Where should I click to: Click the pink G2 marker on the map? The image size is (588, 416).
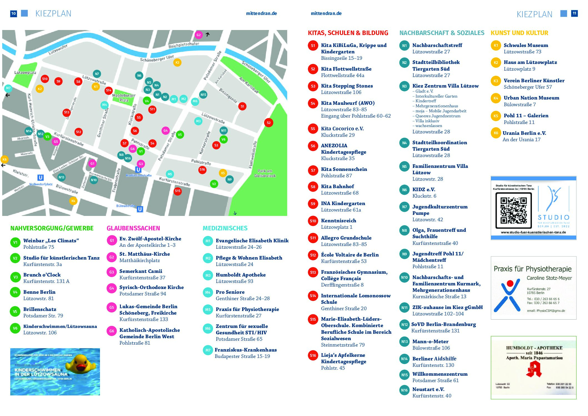(x=198, y=35)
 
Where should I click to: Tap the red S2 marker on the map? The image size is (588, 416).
(x=268, y=123)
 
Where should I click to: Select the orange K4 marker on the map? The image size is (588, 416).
(x=73, y=201)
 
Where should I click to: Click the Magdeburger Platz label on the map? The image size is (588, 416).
(x=124, y=98)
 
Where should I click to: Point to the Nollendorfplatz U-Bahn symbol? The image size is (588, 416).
(x=41, y=178)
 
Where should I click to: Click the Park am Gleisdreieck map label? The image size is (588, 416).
(x=265, y=173)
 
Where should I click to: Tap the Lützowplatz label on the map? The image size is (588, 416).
(x=25, y=73)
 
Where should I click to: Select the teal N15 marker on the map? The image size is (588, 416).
(x=203, y=95)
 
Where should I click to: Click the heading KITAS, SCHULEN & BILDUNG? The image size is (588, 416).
(x=348, y=33)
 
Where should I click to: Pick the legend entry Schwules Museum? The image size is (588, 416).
(x=526, y=45)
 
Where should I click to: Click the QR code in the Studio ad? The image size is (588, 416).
(x=513, y=210)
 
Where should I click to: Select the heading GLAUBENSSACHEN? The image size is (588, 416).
(x=133, y=228)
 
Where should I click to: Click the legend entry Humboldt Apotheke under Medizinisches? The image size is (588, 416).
(x=241, y=275)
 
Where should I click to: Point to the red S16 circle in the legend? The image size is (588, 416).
(x=313, y=355)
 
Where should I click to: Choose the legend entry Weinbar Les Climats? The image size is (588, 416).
(x=51, y=240)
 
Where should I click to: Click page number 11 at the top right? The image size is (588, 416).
(x=574, y=13)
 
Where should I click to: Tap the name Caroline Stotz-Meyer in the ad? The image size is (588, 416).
(x=549, y=278)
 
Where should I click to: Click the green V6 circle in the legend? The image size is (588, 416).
(x=15, y=328)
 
